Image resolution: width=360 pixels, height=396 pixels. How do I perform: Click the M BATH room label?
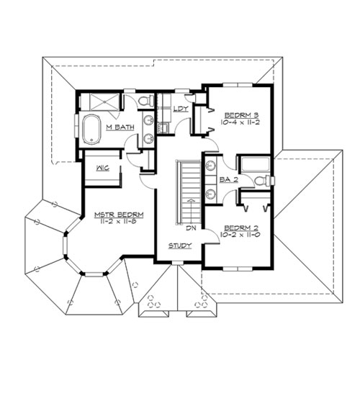[x=120, y=127]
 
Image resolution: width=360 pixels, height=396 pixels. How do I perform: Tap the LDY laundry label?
[x=181, y=109]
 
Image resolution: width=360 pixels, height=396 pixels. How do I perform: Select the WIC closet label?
[x=103, y=168]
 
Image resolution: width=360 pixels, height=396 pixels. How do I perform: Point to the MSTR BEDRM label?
[x=119, y=215]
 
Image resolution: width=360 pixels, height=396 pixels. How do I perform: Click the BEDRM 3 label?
[x=241, y=115]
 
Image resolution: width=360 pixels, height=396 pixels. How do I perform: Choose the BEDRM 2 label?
[x=241, y=228]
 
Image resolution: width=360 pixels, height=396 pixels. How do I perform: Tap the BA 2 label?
[x=229, y=180]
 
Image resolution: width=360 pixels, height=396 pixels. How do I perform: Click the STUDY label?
[x=180, y=246]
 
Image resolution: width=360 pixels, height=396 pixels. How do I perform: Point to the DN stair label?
[x=191, y=228]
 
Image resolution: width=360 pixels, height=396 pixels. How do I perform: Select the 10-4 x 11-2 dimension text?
[x=240, y=122]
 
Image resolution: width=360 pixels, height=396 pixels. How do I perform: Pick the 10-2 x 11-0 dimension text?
[x=240, y=235]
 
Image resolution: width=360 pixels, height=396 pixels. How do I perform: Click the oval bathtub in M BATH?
[x=91, y=130]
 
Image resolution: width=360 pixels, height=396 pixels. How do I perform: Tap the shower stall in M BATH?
[x=104, y=102]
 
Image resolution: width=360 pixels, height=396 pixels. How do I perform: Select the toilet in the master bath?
[x=146, y=101]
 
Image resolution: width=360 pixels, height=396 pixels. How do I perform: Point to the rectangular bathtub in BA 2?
[x=256, y=164]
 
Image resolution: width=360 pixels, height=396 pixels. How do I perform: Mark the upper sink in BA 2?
[x=210, y=166]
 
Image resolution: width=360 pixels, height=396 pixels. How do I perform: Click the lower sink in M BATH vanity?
[x=148, y=138]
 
